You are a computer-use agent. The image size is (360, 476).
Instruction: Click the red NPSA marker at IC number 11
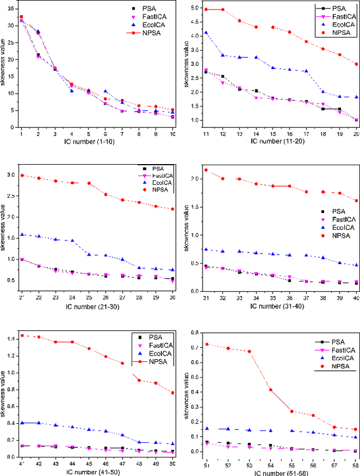191,10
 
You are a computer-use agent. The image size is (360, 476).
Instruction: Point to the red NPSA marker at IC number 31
191,170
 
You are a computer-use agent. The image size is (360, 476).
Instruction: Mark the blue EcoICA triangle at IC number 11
191,33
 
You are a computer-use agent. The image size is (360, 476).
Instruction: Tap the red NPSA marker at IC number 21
21,175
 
